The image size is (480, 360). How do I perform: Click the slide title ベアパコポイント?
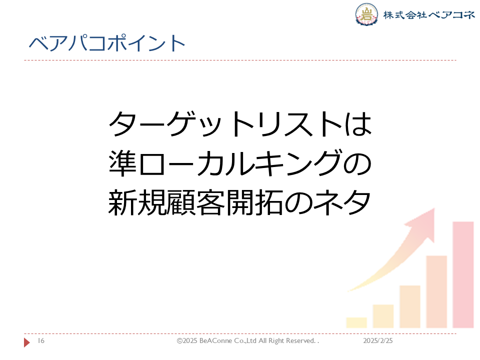[x=107, y=43]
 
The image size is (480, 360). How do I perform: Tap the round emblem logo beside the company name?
[x=366, y=14]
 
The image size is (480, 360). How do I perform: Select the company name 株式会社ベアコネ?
[x=429, y=14]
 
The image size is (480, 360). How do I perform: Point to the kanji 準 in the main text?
[x=122, y=163]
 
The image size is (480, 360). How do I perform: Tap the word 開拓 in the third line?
[x=254, y=202]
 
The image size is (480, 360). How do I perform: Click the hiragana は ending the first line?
[x=358, y=123]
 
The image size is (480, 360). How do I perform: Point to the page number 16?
[x=41, y=340]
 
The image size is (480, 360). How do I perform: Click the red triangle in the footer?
[x=26, y=342]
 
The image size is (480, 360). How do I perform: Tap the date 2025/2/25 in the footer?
[x=378, y=340]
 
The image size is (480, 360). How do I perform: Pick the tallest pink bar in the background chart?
[x=463, y=274]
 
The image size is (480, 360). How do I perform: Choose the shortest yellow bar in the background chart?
[x=356, y=322]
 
